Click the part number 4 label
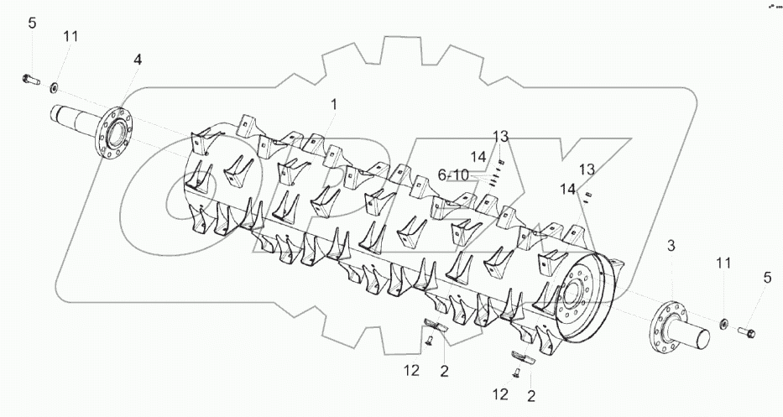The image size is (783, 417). click(138, 60)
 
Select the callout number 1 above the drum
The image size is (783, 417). click(334, 105)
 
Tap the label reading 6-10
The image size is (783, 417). click(453, 175)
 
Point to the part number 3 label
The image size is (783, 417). click(671, 246)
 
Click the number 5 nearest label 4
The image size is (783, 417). click(32, 23)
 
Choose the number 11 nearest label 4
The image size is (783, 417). click(70, 36)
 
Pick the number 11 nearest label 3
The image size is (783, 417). click(724, 263)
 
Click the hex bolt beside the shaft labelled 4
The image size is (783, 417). click(30, 80)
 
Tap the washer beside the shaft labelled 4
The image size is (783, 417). click(54, 88)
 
